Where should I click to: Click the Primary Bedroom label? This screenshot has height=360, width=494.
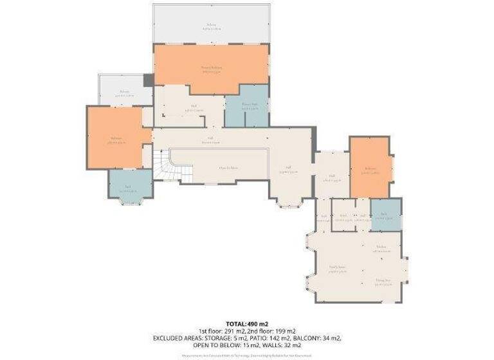212,69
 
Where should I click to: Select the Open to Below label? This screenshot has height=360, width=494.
228,168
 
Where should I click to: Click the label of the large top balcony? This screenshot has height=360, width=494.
212,27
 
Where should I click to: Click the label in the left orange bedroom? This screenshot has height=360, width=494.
116,139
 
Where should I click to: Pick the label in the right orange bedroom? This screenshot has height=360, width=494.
370,170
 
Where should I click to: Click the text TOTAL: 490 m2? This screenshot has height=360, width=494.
246,323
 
